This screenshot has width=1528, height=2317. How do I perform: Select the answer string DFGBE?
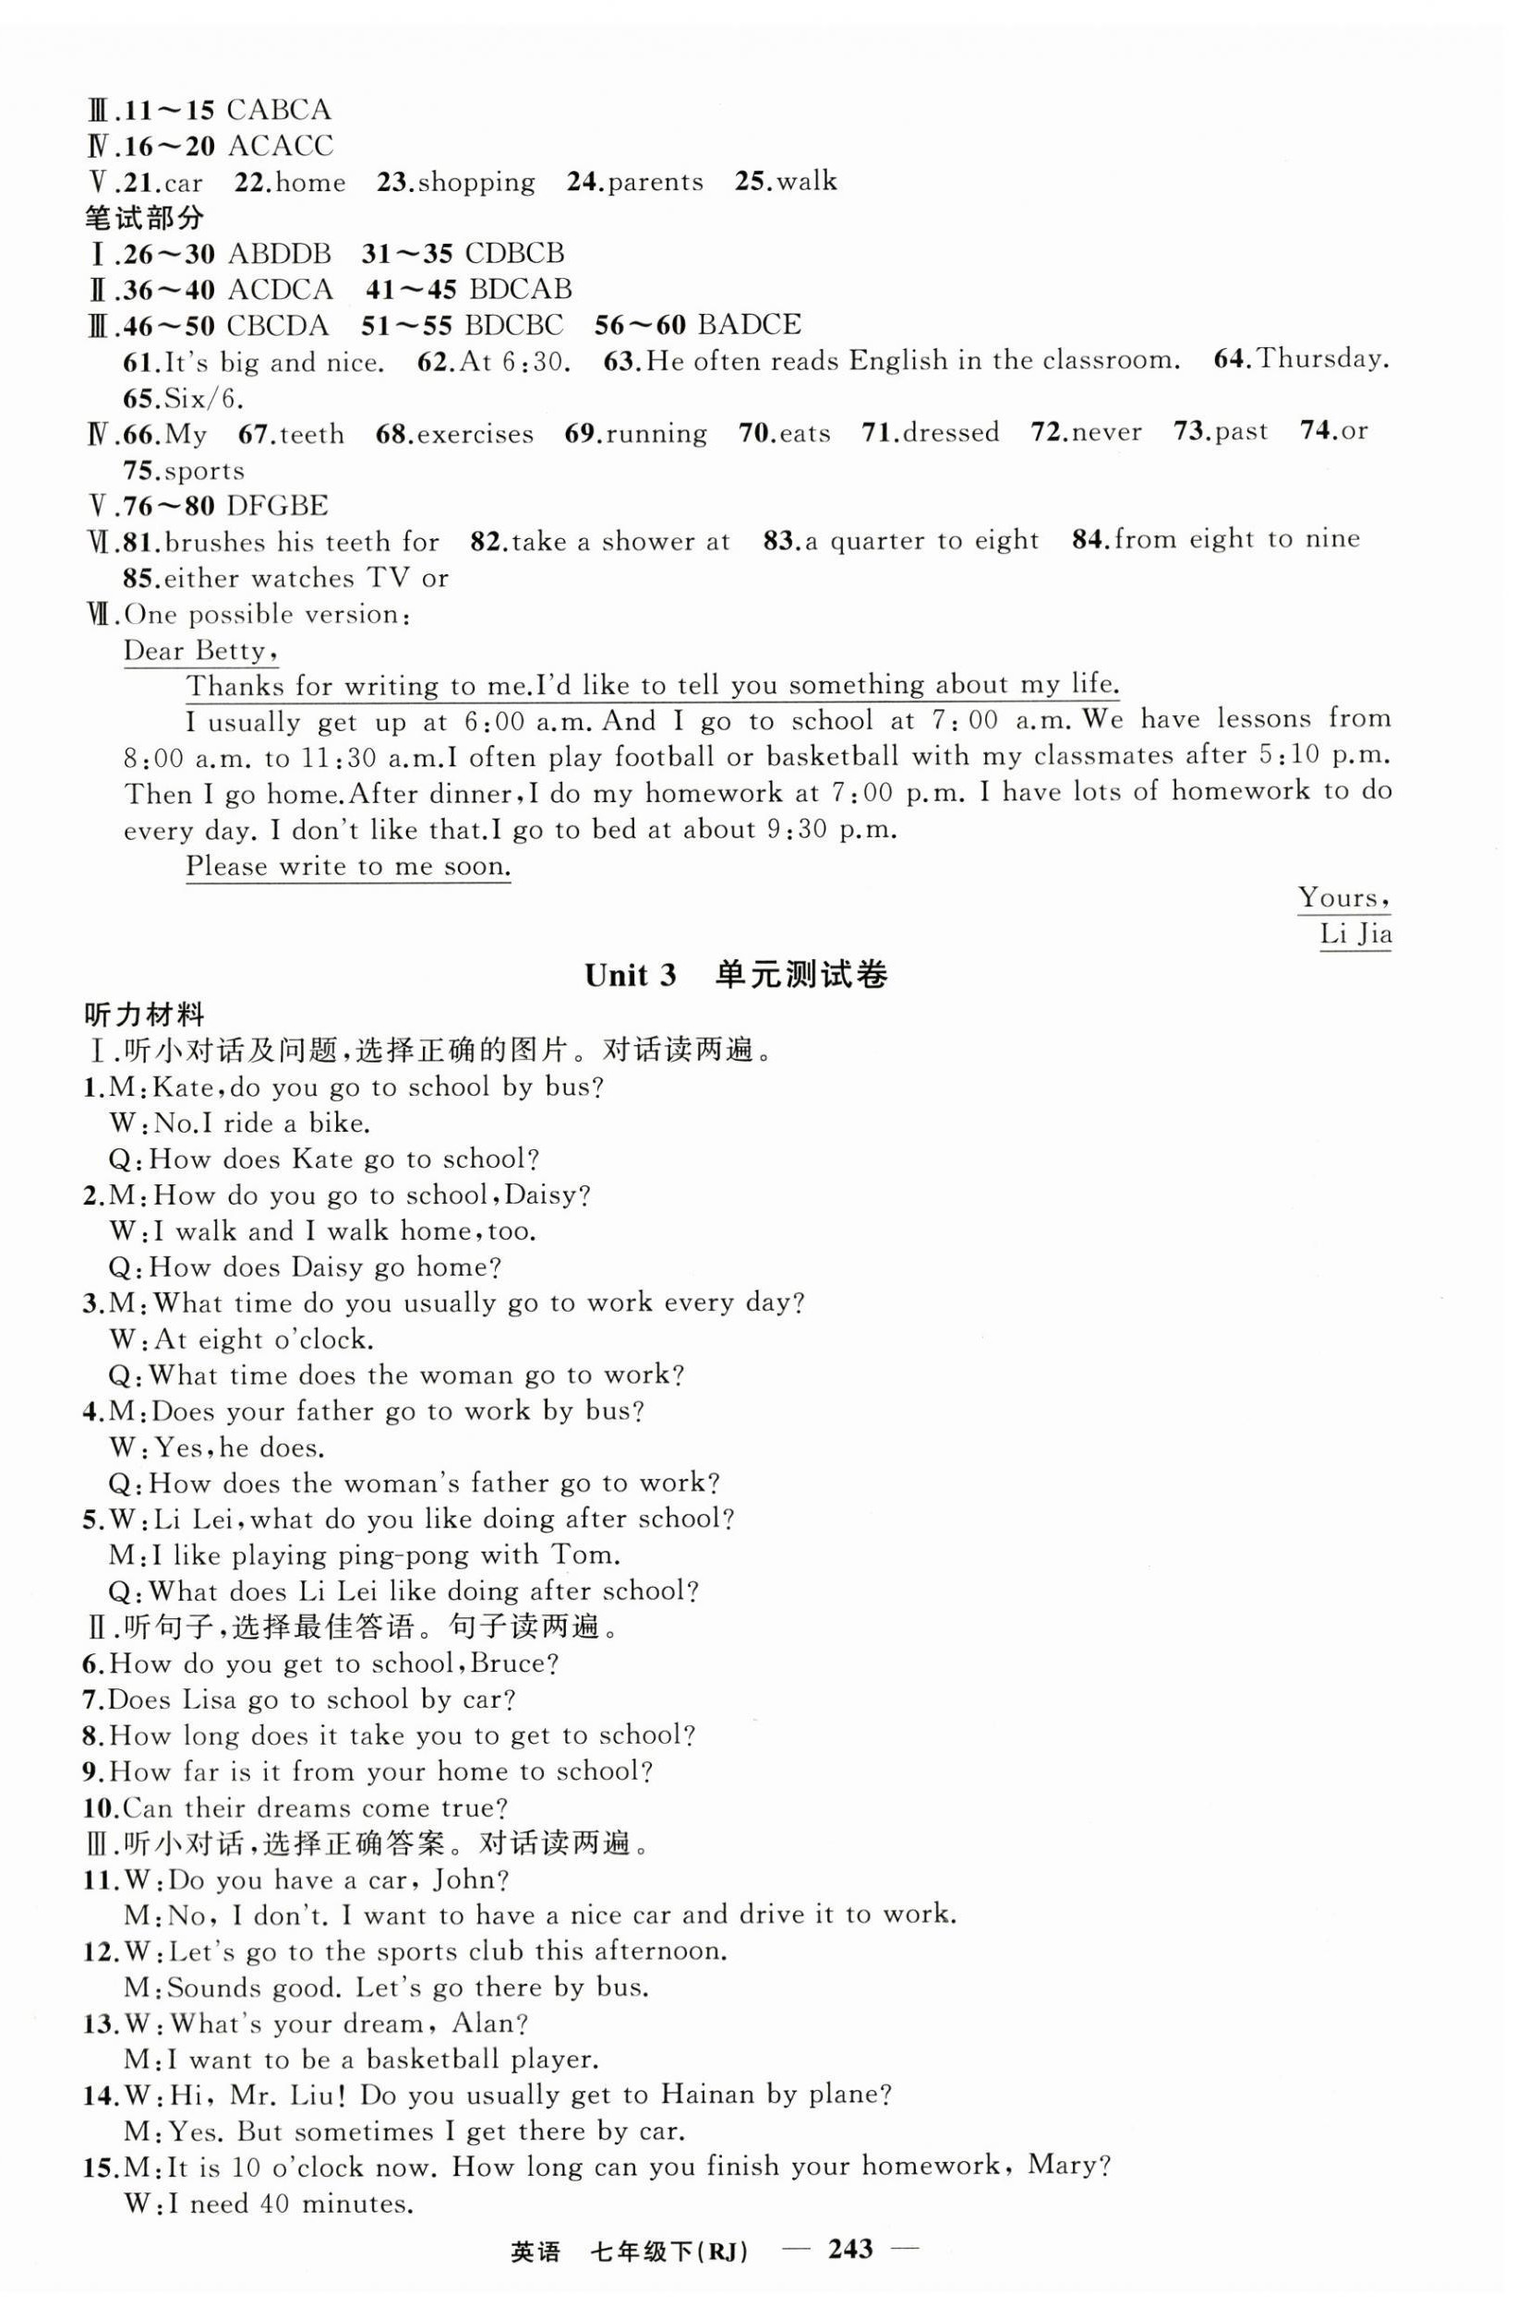coord(277,506)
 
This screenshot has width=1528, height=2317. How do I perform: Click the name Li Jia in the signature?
coord(1354,934)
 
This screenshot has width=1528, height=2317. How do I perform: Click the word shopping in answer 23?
coord(476,182)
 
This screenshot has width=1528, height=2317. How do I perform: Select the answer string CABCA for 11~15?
coord(279,109)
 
